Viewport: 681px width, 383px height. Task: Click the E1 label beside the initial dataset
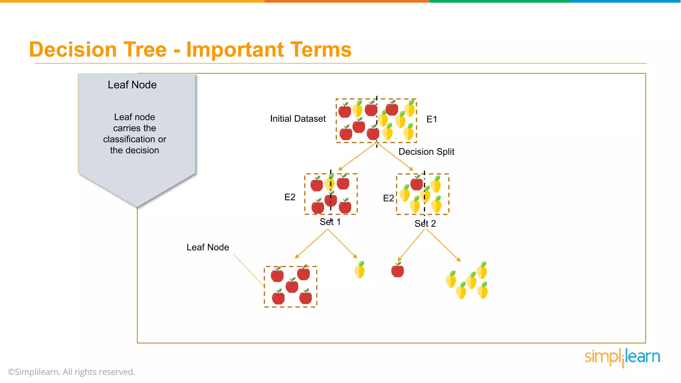[x=432, y=119]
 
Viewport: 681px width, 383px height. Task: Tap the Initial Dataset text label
[x=298, y=119]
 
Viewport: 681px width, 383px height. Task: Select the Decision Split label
[x=426, y=152]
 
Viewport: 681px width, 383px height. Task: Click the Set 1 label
[x=330, y=222]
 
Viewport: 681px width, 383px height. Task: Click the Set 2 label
[x=425, y=223]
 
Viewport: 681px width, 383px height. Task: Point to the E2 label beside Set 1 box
[x=290, y=197]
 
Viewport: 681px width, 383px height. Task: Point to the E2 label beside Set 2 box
[x=388, y=198]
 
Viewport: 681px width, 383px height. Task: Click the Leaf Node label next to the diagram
[x=207, y=247]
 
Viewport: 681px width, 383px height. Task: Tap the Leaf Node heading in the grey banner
[x=132, y=85]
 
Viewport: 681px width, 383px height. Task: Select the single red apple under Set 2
[x=397, y=270]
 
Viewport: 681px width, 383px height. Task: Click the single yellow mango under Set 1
[x=360, y=270]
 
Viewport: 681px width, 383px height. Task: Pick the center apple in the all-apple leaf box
[x=292, y=286]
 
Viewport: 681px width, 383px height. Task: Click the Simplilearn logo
[x=622, y=357]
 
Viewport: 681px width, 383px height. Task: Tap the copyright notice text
[x=71, y=372]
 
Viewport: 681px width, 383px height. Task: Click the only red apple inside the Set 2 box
[x=417, y=183]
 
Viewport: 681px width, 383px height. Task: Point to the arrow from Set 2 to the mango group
[x=443, y=245]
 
